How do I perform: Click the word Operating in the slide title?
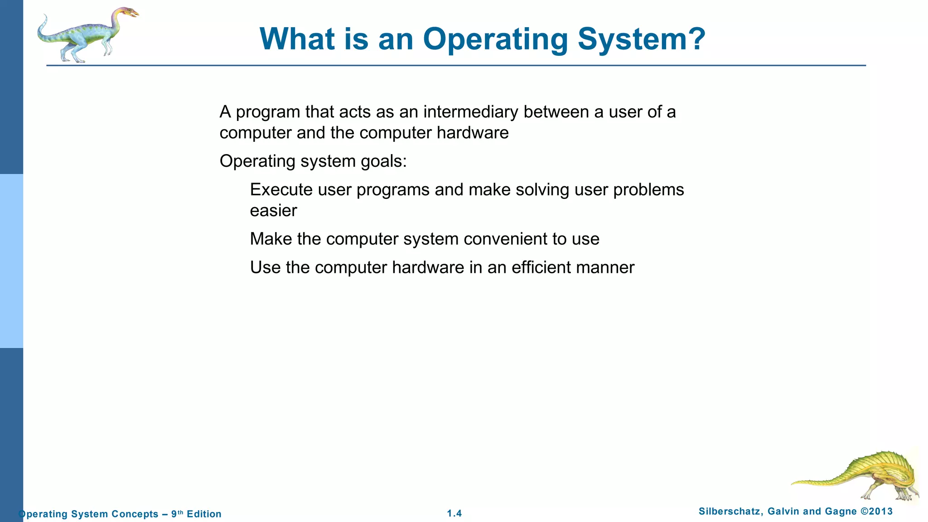click(x=495, y=40)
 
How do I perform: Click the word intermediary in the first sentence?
click(x=470, y=112)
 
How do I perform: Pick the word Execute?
click(x=281, y=190)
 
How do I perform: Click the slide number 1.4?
click(x=454, y=513)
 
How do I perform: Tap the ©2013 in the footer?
click(x=876, y=512)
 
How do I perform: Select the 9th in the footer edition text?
click(x=177, y=514)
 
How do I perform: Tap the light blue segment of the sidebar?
click(x=11, y=261)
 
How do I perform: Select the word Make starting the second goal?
click(x=271, y=239)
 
